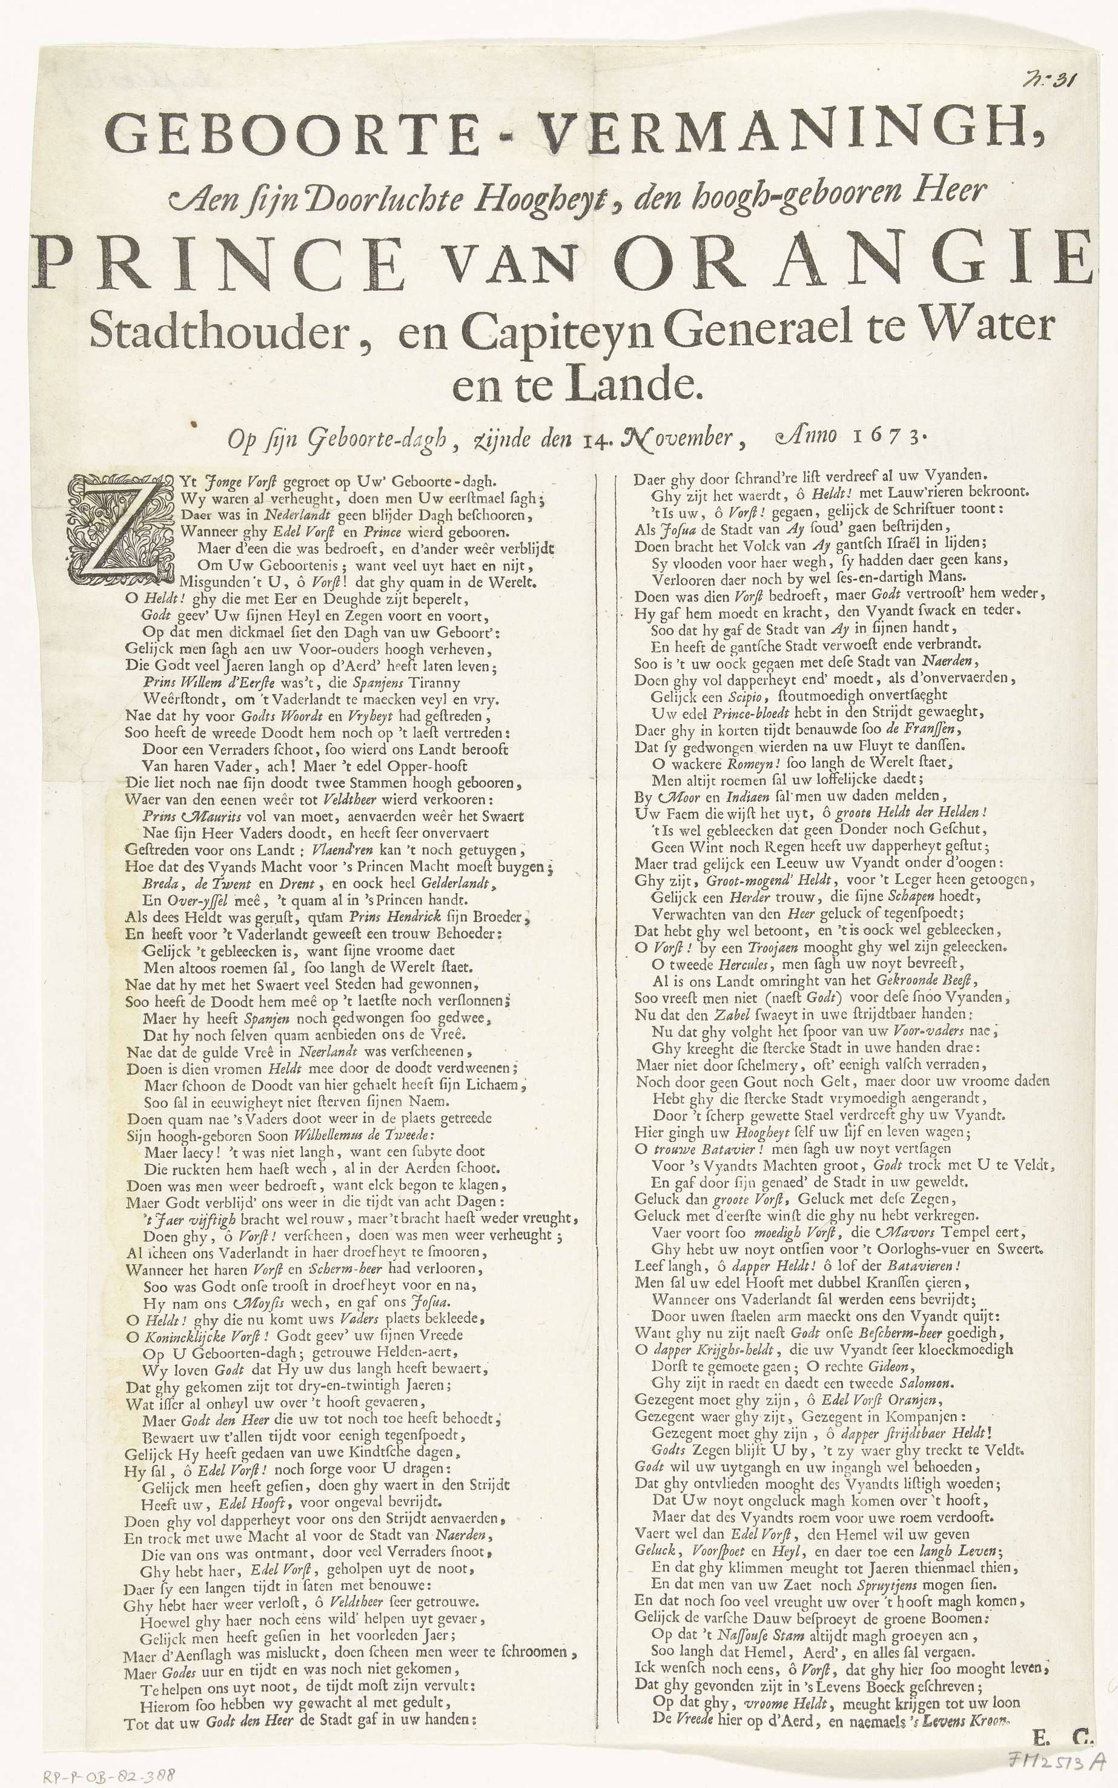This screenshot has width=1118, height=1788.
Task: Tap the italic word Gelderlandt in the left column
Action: (445, 884)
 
